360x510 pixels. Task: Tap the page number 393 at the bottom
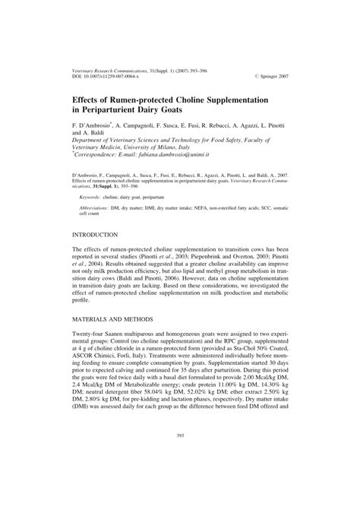coord(180,478)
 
